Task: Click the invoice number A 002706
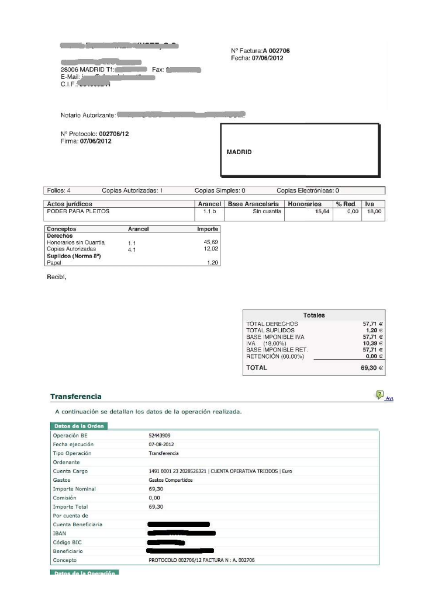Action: coord(276,51)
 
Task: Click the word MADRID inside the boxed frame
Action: coord(239,152)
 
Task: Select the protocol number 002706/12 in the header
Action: coord(114,134)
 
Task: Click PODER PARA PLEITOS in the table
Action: coord(78,211)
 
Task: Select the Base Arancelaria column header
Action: coord(253,204)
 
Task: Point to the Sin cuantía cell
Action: coord(267,211)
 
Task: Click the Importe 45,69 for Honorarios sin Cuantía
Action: coord(210,242)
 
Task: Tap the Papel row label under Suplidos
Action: coord(54,263)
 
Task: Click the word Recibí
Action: coord(56,277)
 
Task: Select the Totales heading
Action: coord(314,315)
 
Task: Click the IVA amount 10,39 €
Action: coord(372,343)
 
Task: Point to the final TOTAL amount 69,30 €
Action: coord(371,368)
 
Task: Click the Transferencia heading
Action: coord(75,397)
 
